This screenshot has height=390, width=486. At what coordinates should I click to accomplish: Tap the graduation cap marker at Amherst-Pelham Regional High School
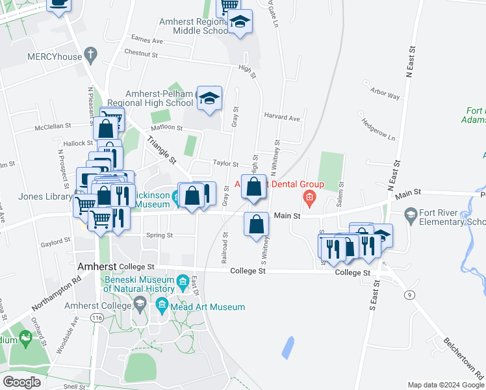(x=209, y=99)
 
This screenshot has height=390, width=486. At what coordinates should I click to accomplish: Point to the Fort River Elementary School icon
(x=411, y=214)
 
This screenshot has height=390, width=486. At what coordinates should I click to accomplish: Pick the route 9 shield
(x=409, y=295)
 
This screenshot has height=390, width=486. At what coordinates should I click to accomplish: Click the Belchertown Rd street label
(x=464, y=357)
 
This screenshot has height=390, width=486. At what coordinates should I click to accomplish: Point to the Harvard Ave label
(x=282, y=118)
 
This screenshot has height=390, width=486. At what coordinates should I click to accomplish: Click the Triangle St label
(x=162, y=149)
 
